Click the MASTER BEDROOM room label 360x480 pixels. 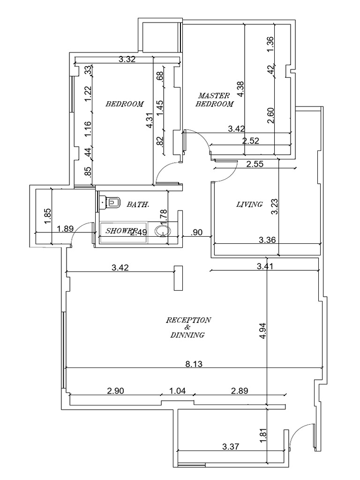click(x=214, y=99)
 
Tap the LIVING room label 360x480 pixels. click(x=249, y=204)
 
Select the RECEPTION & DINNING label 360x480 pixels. click(x=188, y=327)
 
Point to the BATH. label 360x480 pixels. click(x=138, y=204)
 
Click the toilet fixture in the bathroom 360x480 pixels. click(x=112, y=202)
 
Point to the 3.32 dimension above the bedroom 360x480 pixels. click(x=127, y=59)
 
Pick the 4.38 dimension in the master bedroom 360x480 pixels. click(x=240, y=89)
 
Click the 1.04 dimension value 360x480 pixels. click(x=177, y=390)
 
